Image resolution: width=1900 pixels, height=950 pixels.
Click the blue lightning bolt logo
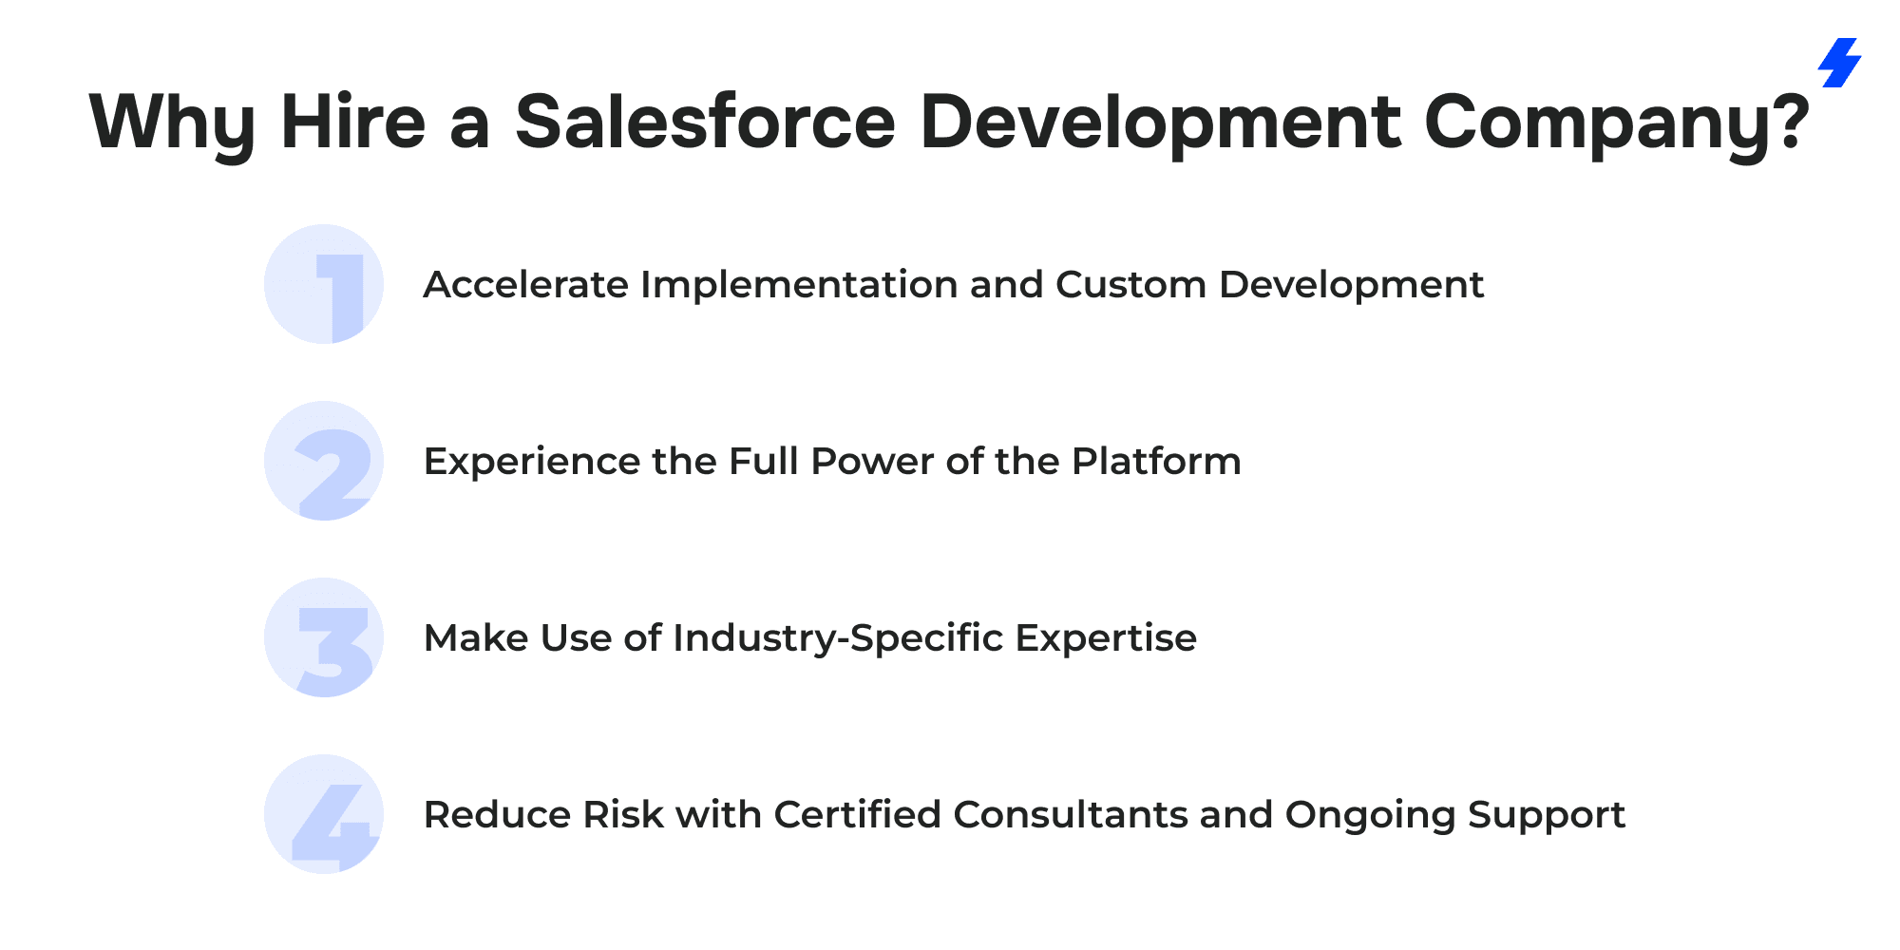pyautogui.click(x=1840, y=63)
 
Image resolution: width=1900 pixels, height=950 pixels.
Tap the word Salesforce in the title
pyautogui.click(x=705, y=122)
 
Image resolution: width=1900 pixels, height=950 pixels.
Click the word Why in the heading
pyautogui.click(x=173, y=123)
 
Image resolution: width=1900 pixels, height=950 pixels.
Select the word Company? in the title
pyautogui.click(x=1617, y=123)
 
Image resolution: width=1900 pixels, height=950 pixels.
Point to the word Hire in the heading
pyautogui.click(x=353, y=122)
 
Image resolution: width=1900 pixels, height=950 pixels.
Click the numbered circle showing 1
pyautogui.click(x=324, y=284)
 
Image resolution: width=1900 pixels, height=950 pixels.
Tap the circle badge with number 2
pyautogui.click(x=324, y=461)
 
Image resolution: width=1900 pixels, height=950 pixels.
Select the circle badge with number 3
pyautogui.click(x=324, y=637)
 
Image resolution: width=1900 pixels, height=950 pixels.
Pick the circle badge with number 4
pyautogui.click(x=324, y=814)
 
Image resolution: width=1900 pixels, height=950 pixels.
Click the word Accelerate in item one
pyautogui.click(x=526, y=285)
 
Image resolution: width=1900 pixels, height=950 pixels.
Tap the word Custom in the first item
pyautogui.click(x=1131, y=285)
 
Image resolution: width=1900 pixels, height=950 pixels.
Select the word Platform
pyautogui.click(x=1156, y=462)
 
